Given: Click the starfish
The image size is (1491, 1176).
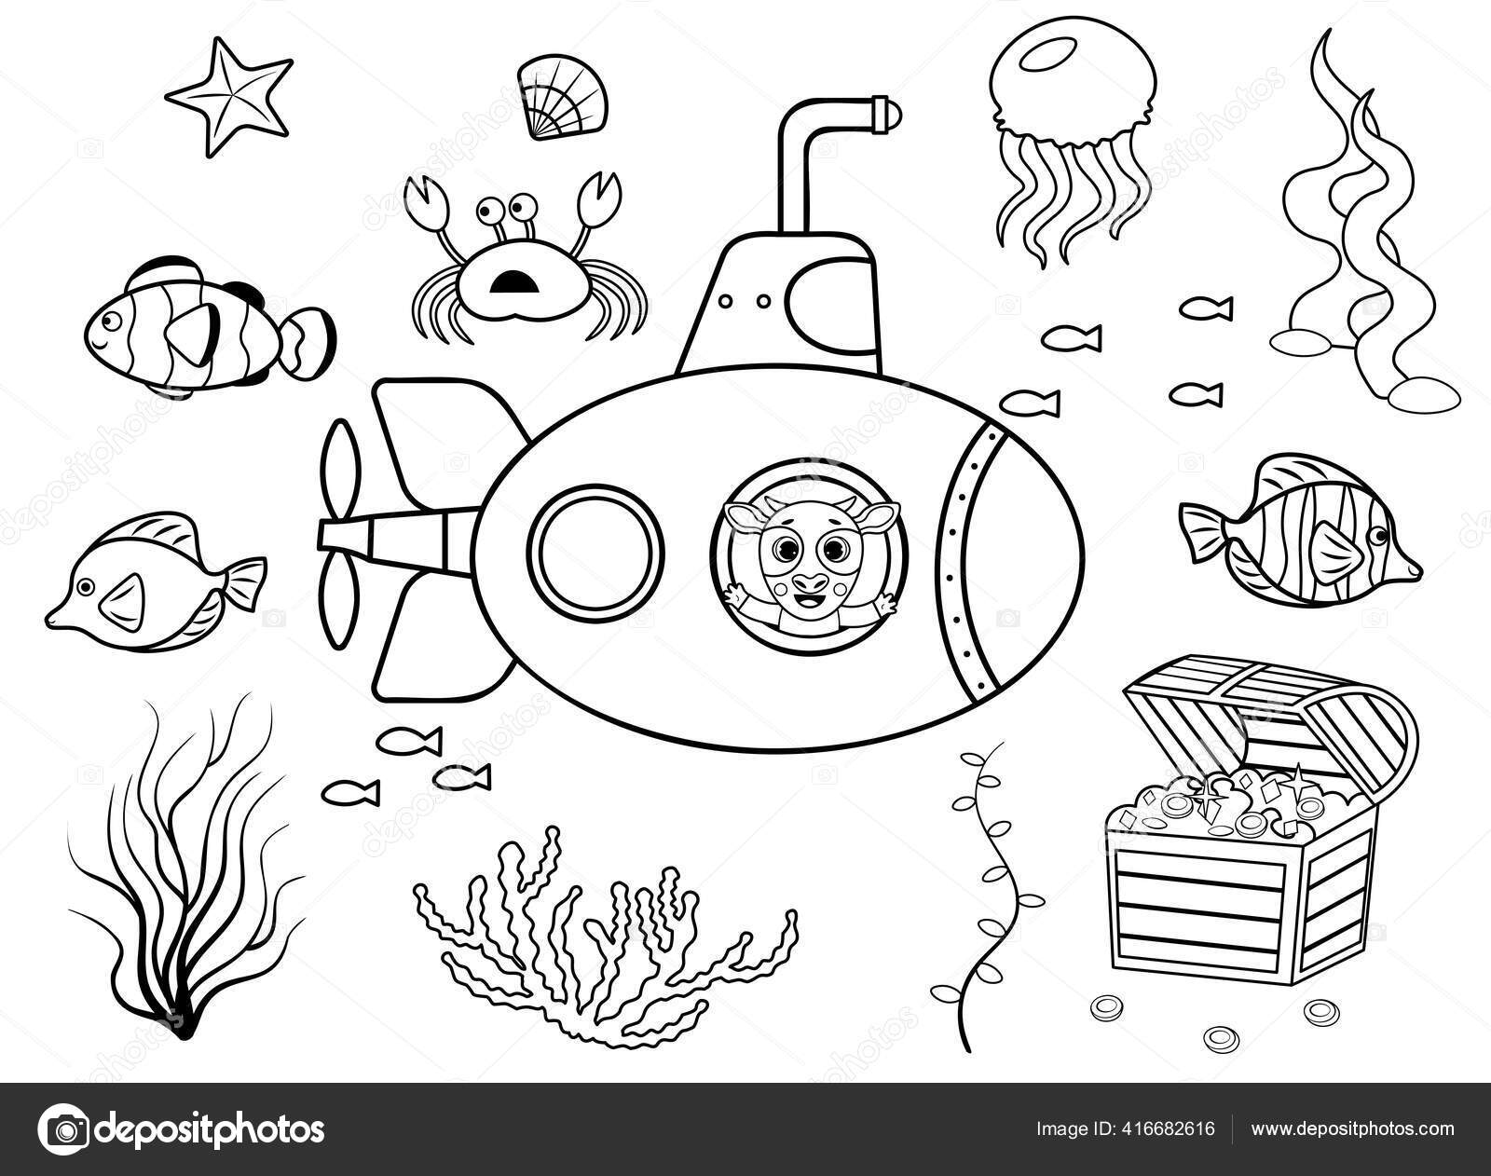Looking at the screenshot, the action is tap(228, 97).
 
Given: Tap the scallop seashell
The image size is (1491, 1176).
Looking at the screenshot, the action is tap(562, 97).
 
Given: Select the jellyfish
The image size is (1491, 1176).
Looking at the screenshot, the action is tap(1073, 139).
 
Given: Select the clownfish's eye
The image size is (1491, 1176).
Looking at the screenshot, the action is tap(109, 321).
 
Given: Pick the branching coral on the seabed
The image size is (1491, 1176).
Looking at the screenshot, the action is tap(604, 936).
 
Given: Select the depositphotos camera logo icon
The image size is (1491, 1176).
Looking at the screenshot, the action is tap(63, 1128).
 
